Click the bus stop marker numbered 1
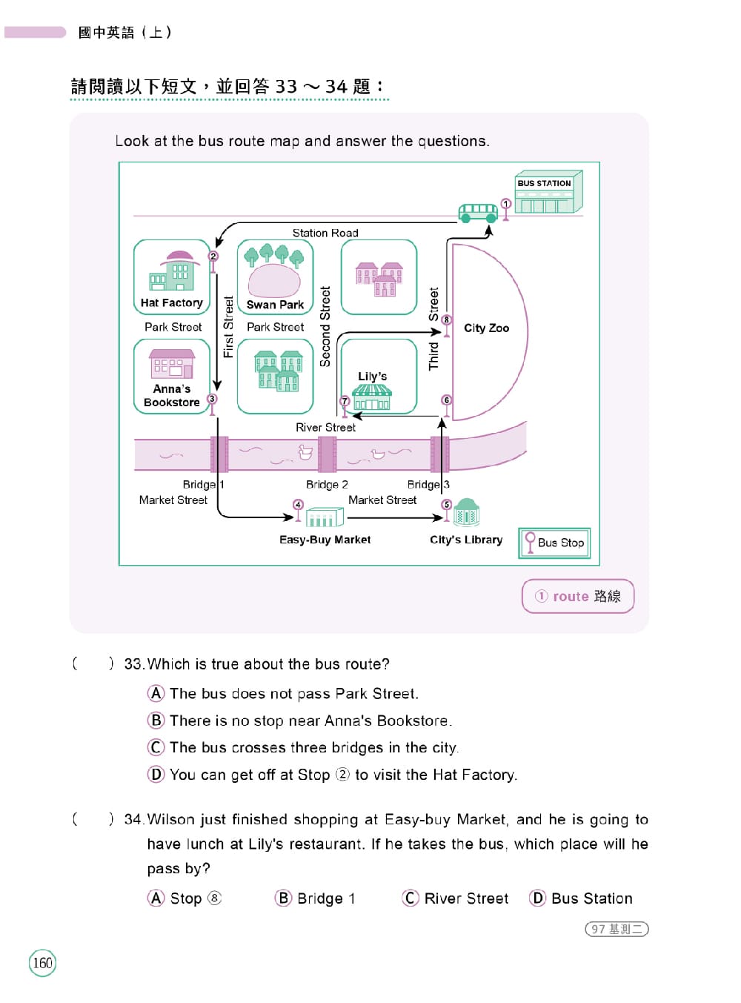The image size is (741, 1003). click(505, 209)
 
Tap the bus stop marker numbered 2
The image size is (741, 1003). click(213, 262)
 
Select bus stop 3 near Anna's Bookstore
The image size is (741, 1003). click(212, 404)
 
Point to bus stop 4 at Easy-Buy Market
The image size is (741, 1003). click(297, 509)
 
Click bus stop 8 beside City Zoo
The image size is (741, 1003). click(446, 325)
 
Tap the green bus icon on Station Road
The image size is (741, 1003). click(477, 213)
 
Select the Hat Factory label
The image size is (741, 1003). click(171, 302)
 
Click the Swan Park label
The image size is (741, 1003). click(275, 305)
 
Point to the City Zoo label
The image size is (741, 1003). click(486, 328)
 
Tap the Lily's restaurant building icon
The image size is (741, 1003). click(371, 397)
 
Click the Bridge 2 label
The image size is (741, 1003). click(327, 484)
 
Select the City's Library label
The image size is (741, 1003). click(465, 540)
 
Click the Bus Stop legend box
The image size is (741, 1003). click(554, 542)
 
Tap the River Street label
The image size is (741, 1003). click(325, 427)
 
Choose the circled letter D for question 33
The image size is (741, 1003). click(156, 774)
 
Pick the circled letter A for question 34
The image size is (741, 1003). click(156, 898)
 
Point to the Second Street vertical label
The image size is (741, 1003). click(325, 326)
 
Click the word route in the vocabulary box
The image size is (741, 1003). click(570, 596)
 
